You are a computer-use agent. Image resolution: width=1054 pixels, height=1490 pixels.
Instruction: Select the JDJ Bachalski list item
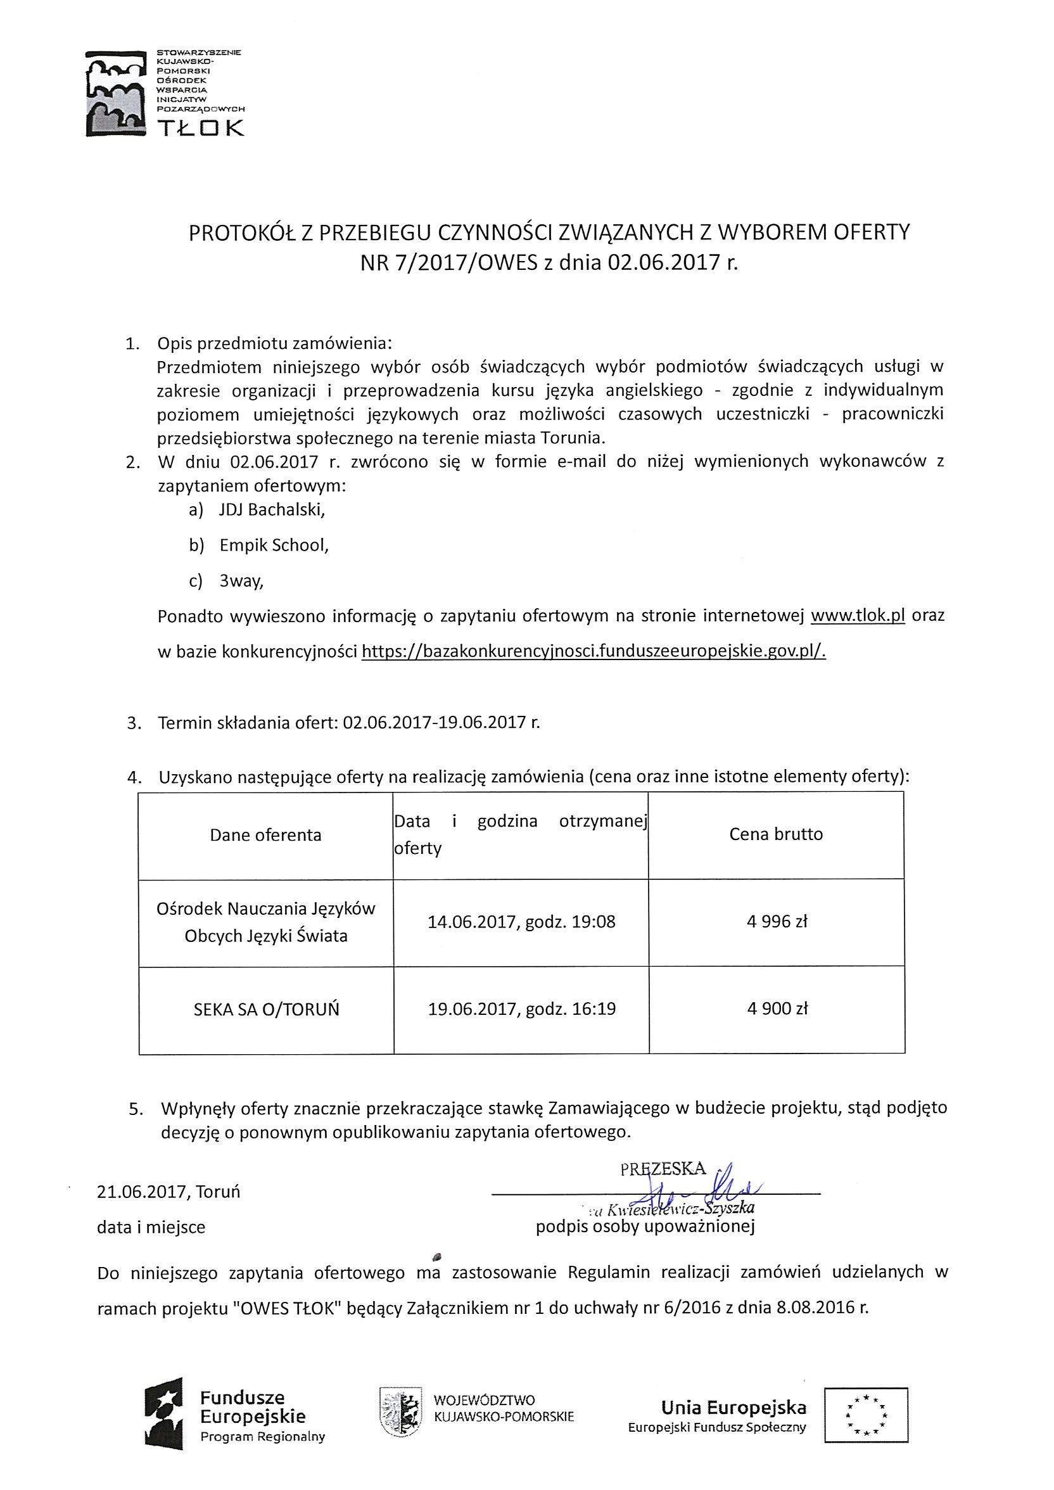click(x=271, y=509)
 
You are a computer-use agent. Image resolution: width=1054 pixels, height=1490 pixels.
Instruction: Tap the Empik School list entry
click(x=273, y=545)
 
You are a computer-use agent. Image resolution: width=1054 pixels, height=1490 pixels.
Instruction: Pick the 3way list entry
click(x=241, y=581)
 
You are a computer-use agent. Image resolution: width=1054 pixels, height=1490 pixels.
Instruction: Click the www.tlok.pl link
click(x=858, y=615)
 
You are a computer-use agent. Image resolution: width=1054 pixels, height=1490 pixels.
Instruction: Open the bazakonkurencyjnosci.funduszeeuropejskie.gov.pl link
click(x=594, y=651)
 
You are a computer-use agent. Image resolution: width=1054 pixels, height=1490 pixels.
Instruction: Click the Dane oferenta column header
click(x=265, y=834)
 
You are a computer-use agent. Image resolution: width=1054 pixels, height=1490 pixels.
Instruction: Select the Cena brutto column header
click(x=775, y=834)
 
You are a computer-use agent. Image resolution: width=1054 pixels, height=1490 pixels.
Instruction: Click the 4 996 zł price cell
click(x=777, y=922)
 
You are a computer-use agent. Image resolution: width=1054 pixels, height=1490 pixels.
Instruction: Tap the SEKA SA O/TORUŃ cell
click(x=266, y=1010)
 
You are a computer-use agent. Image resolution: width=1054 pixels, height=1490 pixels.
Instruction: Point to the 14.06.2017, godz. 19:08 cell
click(x=521, y=922)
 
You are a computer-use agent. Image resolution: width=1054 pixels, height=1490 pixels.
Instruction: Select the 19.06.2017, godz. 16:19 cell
click(x=521, y=1009)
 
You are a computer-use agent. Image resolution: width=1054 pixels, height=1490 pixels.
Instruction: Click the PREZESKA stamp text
click(x=662, y=1169)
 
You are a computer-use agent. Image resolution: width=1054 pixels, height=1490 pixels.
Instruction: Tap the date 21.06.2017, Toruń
click(x=168, y=1192)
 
